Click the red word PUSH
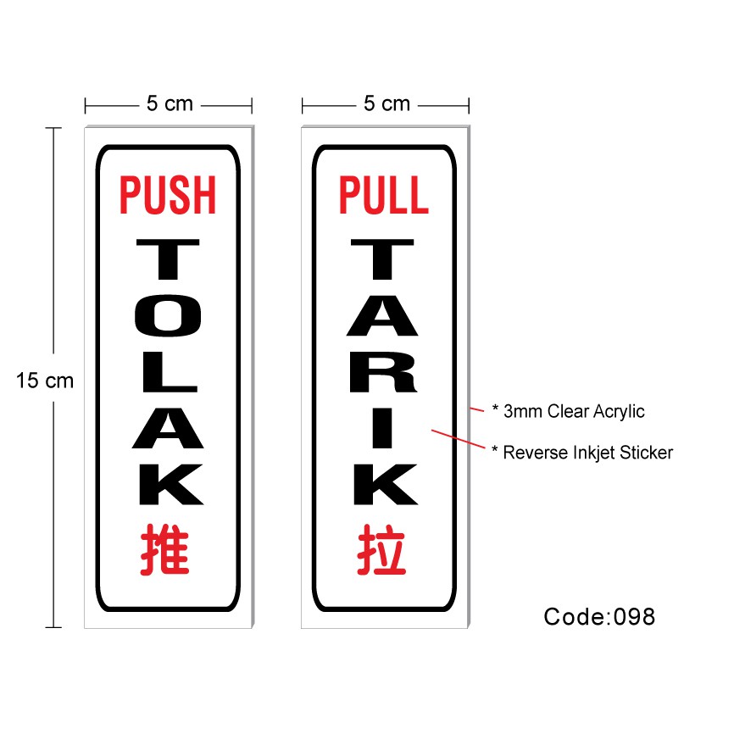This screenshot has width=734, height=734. (168, 194)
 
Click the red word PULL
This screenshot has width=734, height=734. (384, 194)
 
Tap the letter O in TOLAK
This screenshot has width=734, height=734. (168, 314)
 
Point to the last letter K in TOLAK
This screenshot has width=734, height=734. (168, 486)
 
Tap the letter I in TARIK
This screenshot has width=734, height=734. (384, 427)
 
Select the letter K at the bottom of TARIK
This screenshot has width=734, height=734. (384, 486)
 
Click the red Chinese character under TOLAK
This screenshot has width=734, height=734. (166, 549)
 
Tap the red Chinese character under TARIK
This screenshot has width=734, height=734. (382, 549)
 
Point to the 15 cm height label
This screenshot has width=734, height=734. (45, 381)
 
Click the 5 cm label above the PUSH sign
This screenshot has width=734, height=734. (170, 104)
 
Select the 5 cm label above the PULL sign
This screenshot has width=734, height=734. (386, 104)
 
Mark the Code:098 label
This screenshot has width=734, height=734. (599, 616)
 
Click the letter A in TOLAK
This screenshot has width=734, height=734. (168, 427)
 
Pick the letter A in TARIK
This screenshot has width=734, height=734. (384, 314)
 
